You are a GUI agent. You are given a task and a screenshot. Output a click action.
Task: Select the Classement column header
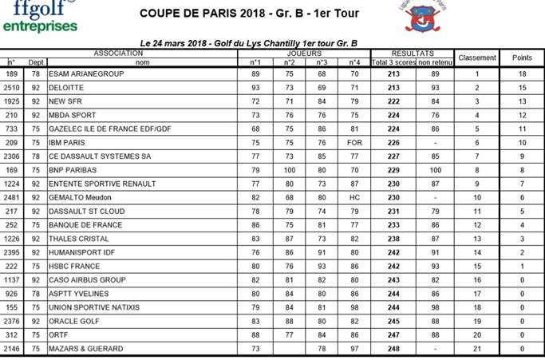click(477, 57)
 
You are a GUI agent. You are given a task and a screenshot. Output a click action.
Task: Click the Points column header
click(522, 57)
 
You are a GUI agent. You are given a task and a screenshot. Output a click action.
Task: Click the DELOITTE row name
click(66, 87)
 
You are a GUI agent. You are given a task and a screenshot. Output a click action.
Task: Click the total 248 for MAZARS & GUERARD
click(392, 349)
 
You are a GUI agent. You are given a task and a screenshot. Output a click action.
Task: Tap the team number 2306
click(12, 156)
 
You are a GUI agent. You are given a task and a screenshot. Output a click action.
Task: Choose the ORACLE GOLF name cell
click(76, 322)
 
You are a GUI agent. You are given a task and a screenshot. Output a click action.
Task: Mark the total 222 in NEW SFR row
click(392, 101)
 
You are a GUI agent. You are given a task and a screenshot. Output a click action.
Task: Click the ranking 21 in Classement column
click(477, 349)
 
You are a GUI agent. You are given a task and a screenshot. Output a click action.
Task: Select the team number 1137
click(12, 280)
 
